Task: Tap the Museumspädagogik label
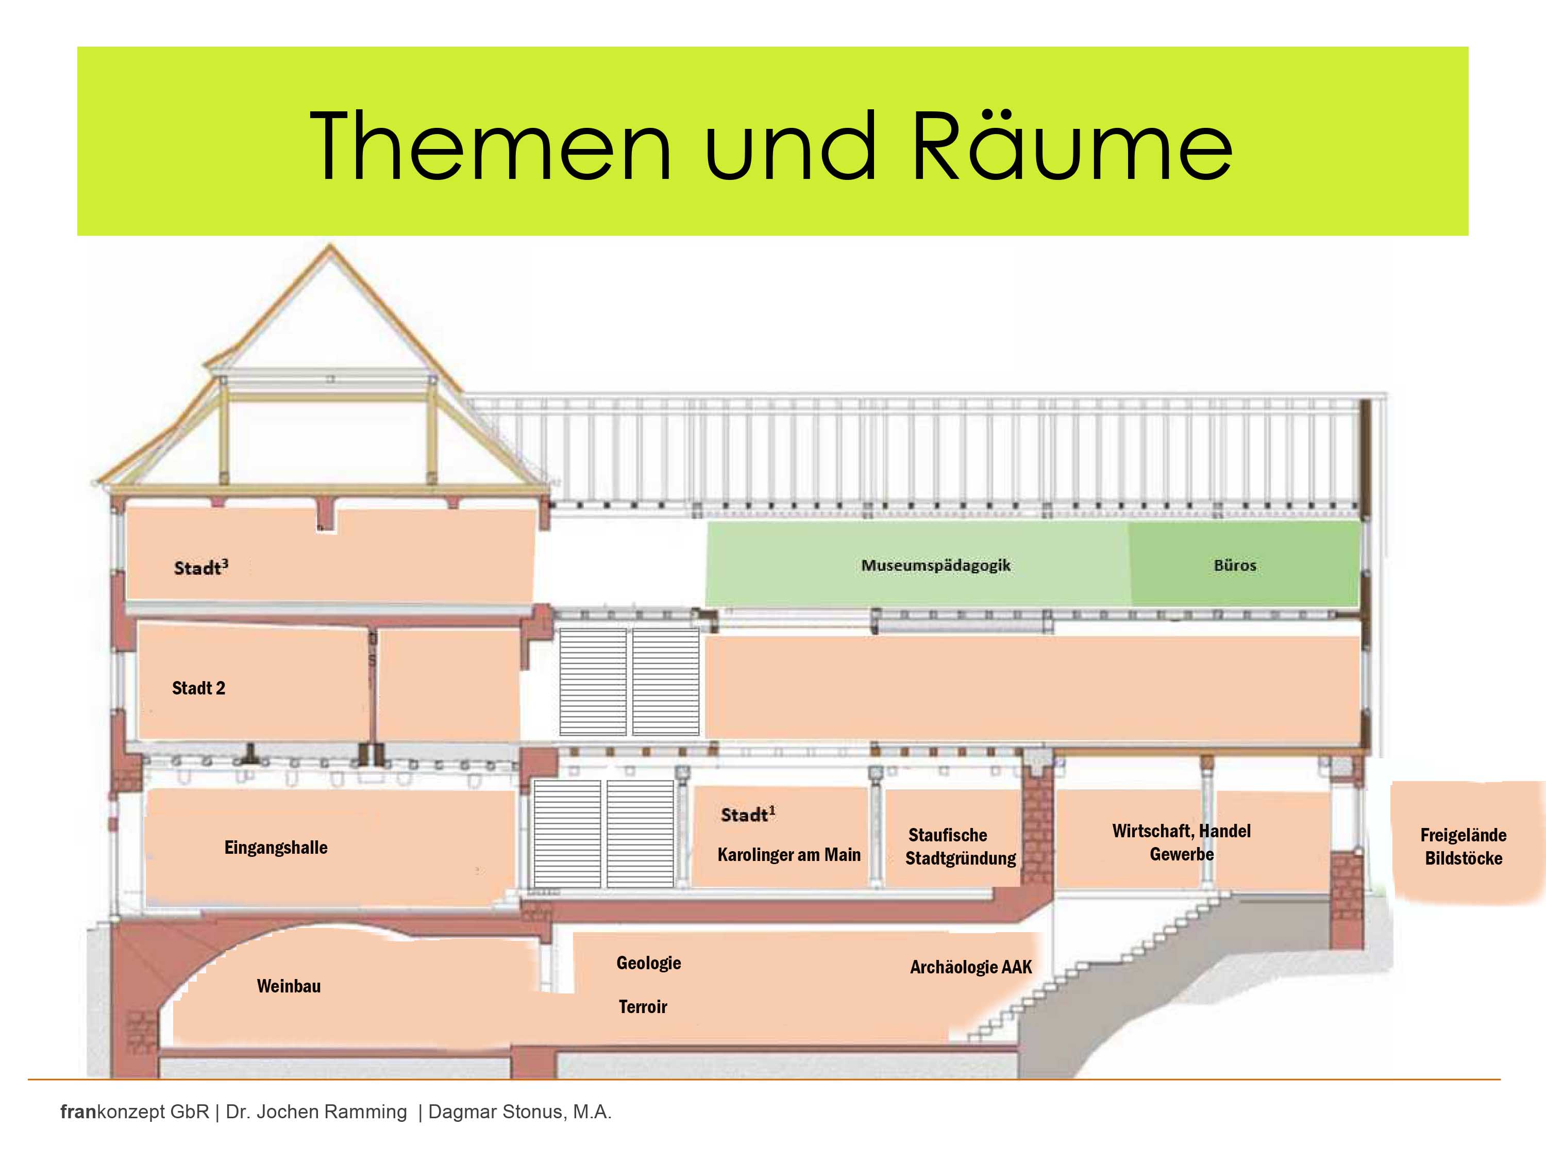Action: [935, 565]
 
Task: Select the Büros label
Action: [1234, 565]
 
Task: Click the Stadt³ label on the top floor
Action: [200, 567]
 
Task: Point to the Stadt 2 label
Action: [198, 688]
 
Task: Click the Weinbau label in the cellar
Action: [289, 986]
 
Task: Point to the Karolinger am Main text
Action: [788, 854]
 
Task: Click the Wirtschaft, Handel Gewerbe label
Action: [1181, 842]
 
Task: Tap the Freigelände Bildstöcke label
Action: [1463, 847]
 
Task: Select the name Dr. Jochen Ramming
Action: [316, 1112]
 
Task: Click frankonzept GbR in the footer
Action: [134, 1112]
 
